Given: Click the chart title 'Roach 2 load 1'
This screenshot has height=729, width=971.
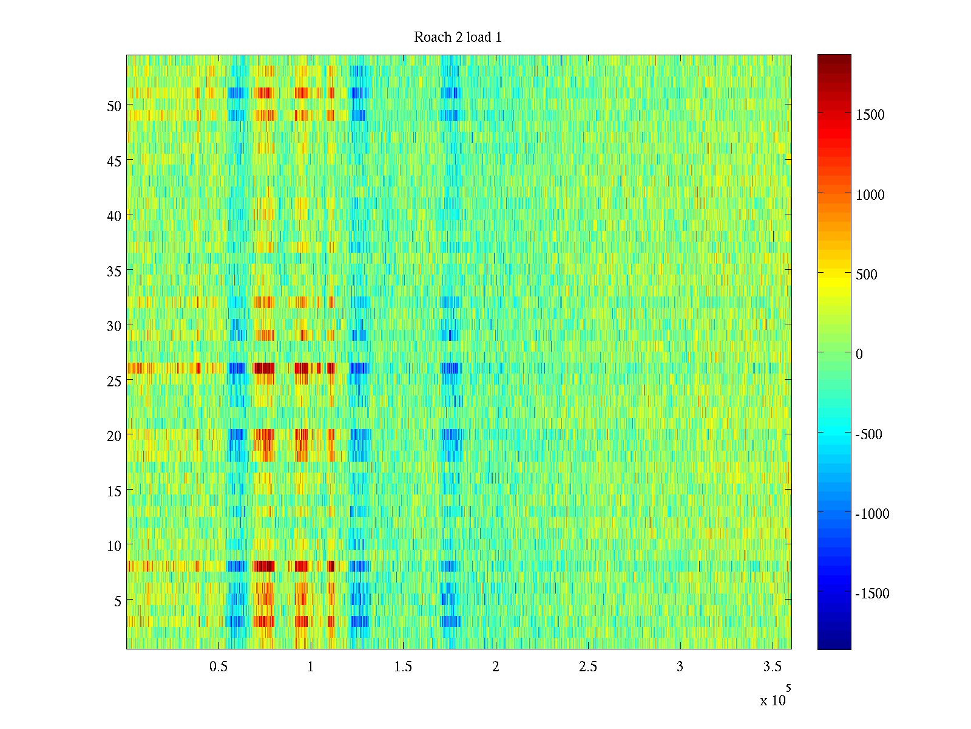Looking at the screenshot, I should coord(458,37).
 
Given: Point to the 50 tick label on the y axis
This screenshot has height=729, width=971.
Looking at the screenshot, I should coord(114,106).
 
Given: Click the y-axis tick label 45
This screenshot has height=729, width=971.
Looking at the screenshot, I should coord(114,161).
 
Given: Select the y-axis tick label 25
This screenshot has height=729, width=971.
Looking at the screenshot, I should coord(114,381).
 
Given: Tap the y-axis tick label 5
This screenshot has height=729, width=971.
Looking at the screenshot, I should coord(118,601).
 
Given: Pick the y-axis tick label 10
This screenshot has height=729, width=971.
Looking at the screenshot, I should coord(114,546).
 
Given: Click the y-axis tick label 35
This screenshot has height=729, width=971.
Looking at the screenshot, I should coord(114,271).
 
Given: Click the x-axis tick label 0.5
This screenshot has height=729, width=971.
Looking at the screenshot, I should coord(218,666).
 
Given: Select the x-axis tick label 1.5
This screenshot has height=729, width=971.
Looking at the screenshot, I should coord(403,666).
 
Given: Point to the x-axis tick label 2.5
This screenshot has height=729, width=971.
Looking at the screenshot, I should coord(587,666).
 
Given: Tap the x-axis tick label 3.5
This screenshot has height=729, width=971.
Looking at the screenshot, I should coord(772,666).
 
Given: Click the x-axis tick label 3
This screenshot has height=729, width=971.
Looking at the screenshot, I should coord(680,666).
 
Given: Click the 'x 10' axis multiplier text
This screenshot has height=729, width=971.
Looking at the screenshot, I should coord(773,700).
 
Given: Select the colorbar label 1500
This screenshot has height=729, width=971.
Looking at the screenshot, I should coord(870,115).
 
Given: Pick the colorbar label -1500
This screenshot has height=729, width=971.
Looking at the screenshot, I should coord(872,594).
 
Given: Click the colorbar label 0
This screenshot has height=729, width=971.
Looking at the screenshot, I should coord(859,354).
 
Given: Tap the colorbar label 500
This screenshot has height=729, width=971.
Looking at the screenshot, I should coord(866,275).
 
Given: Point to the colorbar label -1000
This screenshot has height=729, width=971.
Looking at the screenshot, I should coord(872,514).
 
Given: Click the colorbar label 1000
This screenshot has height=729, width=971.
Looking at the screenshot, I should coord(870,195).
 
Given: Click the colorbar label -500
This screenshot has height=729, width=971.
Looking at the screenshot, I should coord(868,434).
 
